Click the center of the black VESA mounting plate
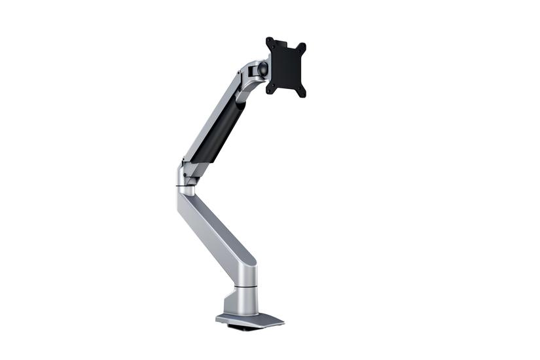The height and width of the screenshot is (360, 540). (286, 67)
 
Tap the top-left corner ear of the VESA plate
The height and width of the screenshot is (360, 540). (270, 41)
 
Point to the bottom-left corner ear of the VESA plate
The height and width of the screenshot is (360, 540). (269, 89)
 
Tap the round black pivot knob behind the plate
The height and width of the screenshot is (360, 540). (262, 67)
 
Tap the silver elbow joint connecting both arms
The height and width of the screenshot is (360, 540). (185, 175)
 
